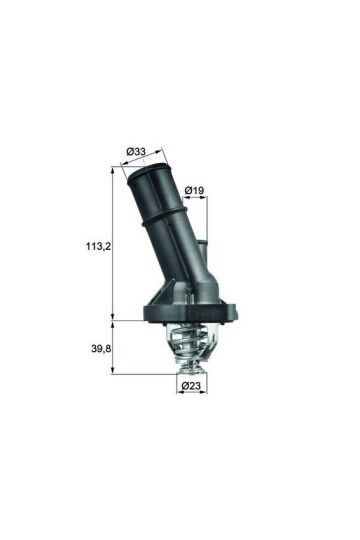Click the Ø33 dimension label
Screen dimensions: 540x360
137,152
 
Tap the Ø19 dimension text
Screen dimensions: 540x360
195,188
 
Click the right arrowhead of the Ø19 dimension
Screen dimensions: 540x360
208,197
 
